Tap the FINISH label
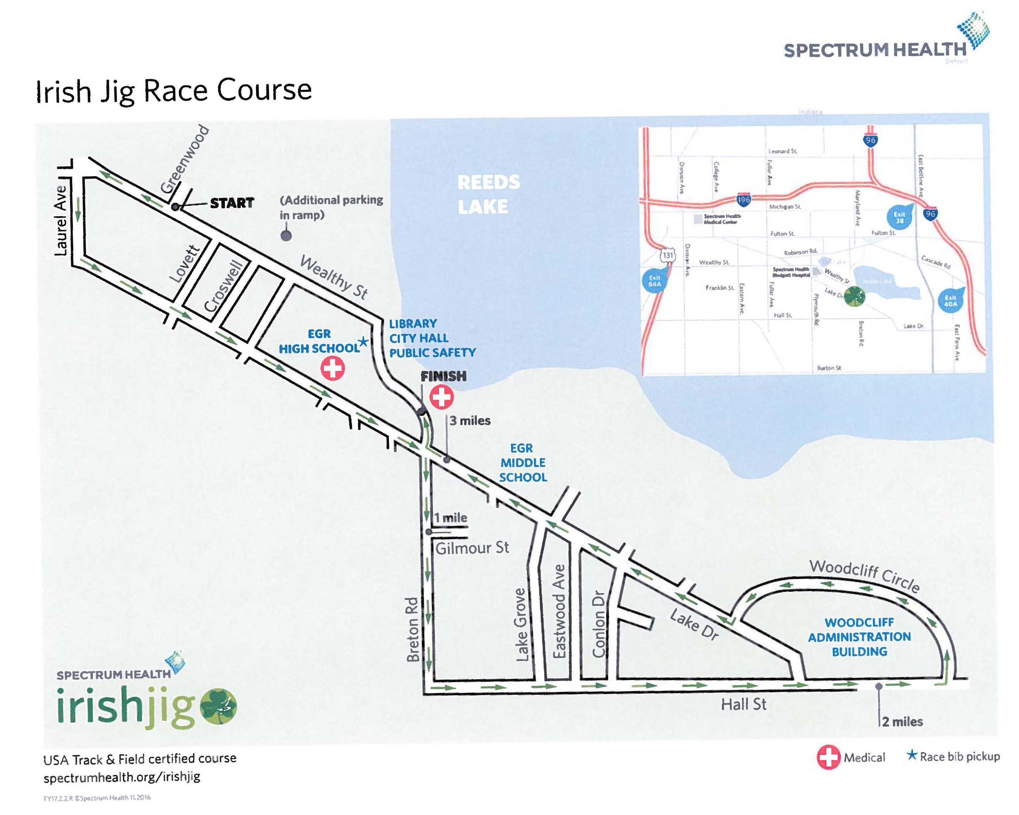tap(444, 376)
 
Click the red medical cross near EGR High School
tap(333, 368)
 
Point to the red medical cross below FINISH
tap(441, 397)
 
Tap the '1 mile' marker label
tap(451, 518)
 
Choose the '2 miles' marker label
tap(902, 721)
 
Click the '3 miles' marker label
tap(470, 421)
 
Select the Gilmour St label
tap(472, 548)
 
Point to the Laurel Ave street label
tap(61, 220)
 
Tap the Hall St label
tap(743, 705)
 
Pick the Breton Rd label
tap(413, 629)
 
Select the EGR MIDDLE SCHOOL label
tap(523, 463)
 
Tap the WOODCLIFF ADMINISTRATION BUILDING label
tap(859, 637)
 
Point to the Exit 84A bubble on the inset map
tap(654, 281)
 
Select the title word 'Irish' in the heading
tap(63, 92)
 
